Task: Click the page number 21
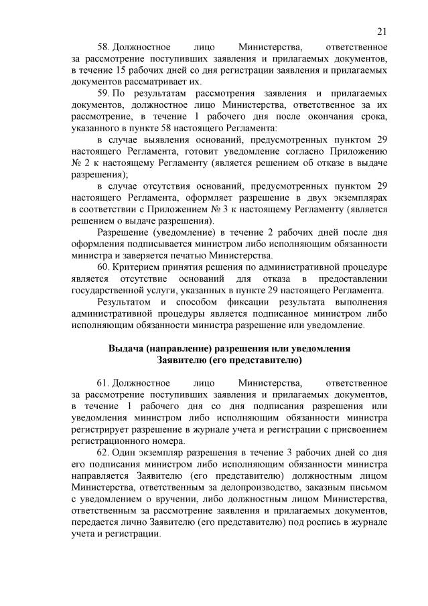(382, 31)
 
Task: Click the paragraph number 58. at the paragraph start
(104, 48)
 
